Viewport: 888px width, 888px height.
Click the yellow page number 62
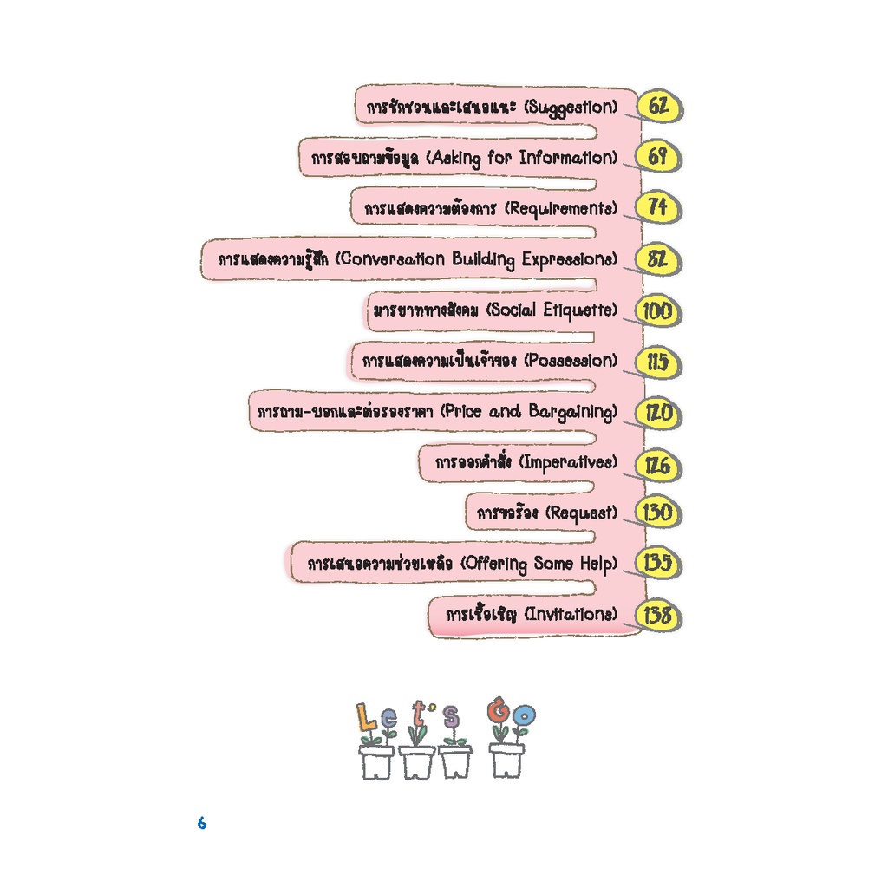[x=658, y=106]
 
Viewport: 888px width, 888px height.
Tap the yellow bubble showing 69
[x=657, y=156]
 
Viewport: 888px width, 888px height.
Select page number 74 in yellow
[x=657, y=207]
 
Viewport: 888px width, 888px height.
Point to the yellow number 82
[x=657, y=258]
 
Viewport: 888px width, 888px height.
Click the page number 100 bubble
[x=657, y=311]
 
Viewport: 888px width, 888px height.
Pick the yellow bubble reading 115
[x=657, y=362]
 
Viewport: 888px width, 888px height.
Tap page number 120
[x=657, y=413]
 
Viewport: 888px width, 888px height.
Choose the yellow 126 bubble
[x=657, y=466]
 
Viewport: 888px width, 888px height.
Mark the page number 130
[x=657, y=513]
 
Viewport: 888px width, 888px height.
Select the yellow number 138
[x=657, y=615]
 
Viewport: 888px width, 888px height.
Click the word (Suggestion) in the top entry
[x=571, y=108]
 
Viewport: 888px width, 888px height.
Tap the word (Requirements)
[x=561, y=209]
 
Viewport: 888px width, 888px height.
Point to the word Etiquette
[x=580, y=310]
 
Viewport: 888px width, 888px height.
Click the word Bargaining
[x=573, y=412]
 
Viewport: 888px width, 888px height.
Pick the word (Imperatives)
[x=568, y=463]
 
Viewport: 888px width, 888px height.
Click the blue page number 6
[x=202, y=823]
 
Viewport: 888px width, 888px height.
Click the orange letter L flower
[x=367, y=717]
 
